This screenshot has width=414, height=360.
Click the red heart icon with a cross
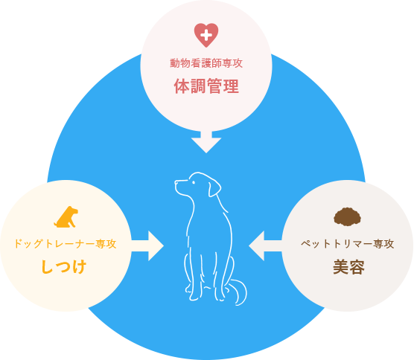click(206, 35)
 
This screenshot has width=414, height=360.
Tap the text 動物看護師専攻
click(206, 63)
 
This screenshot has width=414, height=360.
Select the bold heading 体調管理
click(206, 86)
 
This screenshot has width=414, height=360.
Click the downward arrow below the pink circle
click(206, 142)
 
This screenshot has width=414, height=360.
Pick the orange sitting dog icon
click(66, 216)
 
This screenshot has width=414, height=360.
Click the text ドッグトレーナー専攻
click(66, 244)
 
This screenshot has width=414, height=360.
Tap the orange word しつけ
click(64, 266)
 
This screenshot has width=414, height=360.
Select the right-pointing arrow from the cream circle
click(147, 246)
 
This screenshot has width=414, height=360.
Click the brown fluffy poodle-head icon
click(348, 216)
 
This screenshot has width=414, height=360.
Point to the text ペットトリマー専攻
click(348, 244)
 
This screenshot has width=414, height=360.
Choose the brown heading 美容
click(348, 267)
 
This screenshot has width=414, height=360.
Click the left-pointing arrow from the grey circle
click(265, 246)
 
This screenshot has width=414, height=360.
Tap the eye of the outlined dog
click(194, 182)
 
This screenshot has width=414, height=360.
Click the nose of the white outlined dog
click(176, 182)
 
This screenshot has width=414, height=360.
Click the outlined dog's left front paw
click(194, 297)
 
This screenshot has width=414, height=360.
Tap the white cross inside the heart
click(206, 35)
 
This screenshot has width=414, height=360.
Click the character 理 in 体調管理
click(232, 86)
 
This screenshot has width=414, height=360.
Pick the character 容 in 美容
click(357, 267)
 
